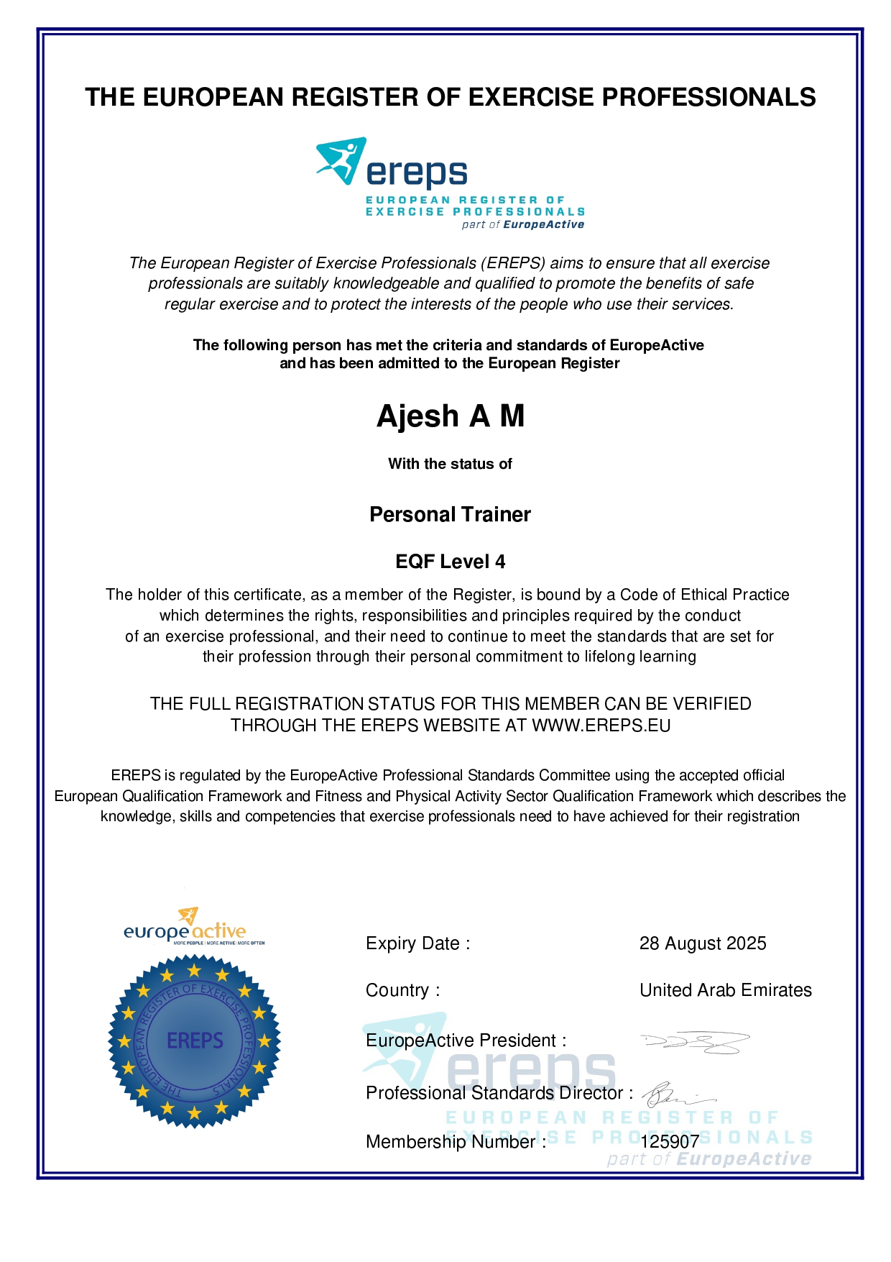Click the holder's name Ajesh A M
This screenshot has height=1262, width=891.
(x=451, y=416)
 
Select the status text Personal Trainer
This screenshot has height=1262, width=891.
(x=450, y=515)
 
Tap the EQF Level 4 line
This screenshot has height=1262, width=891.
(x=450, y=562)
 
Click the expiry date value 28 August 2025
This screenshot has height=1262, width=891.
(x=703, y=943)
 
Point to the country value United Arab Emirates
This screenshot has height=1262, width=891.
(x=726, y=990)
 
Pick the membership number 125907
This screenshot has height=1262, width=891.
(x=670, y=1142)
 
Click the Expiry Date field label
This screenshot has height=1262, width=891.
(x=417, y=943)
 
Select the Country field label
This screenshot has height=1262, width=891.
(x=402, y=990)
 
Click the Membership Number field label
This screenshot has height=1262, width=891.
(x=456, y=1142)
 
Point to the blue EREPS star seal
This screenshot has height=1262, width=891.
(x=194, y=1041)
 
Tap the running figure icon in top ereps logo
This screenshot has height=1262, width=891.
(x=341, y=160)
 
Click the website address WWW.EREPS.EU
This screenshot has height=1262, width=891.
(x=601, y=726)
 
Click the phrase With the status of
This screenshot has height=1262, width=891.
(x=450, y=464)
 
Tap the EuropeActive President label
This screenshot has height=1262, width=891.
(x=466, y=1041)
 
